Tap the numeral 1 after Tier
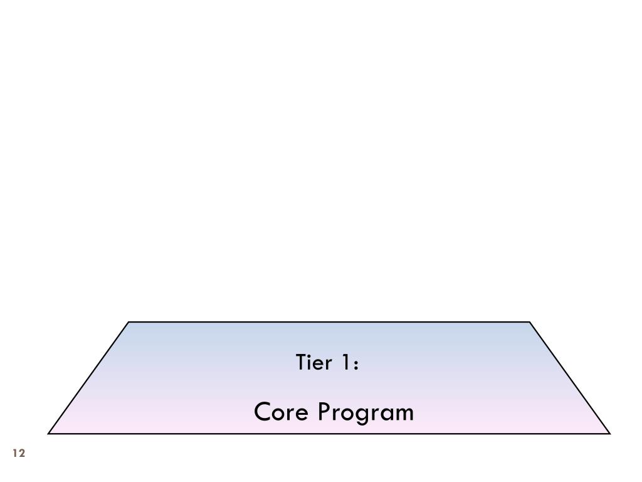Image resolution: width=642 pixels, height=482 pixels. coord(345,363)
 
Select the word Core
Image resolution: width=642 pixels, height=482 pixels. coord(282,412)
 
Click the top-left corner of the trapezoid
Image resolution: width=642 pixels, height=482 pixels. coord(129,322)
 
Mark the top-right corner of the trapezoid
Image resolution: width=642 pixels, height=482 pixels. coord(530,322)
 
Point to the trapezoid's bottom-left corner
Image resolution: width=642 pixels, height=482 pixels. coord(49,433)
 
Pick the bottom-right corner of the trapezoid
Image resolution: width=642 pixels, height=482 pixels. coord(609,433)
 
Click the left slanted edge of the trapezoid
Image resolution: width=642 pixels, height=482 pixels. coord(88,378)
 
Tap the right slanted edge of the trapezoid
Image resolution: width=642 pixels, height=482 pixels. coord(570,378)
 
